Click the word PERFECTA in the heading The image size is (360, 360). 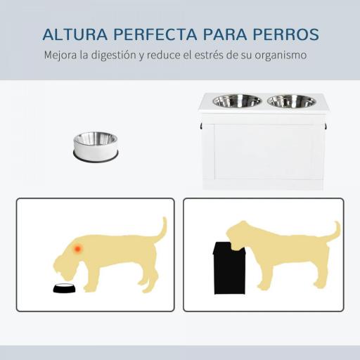click(161, 34)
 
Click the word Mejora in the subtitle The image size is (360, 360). click(60, 54)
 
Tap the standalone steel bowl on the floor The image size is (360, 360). click(96, 144)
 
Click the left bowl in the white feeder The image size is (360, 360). click(227, 101)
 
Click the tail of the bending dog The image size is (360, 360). click(161, 230)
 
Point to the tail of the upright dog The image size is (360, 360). click(334, 231)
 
